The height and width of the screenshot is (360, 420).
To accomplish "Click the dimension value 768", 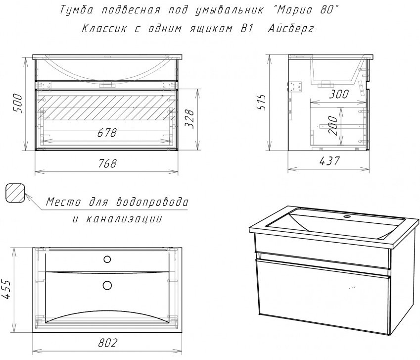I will (106, 164).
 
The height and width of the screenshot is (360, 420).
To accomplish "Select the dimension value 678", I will (106, 133).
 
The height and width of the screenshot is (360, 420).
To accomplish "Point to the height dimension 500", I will (18, 103).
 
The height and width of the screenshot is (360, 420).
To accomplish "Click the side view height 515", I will (263, 102).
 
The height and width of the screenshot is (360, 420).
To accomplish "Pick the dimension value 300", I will (338, 94).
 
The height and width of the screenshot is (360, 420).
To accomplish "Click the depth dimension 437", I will (328, 161).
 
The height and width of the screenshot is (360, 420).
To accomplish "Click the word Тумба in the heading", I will (75, 9).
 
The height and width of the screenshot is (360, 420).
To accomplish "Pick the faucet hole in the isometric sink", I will (347, 217).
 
